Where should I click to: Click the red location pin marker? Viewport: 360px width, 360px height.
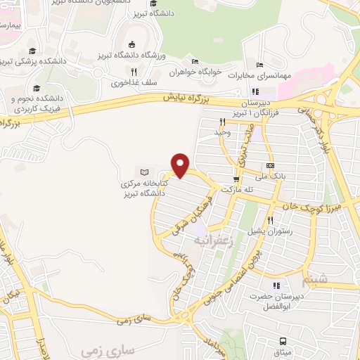pos(181,164)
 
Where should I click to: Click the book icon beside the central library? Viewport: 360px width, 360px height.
pos(145,172)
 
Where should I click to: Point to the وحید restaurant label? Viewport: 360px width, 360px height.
pos(222,132)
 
